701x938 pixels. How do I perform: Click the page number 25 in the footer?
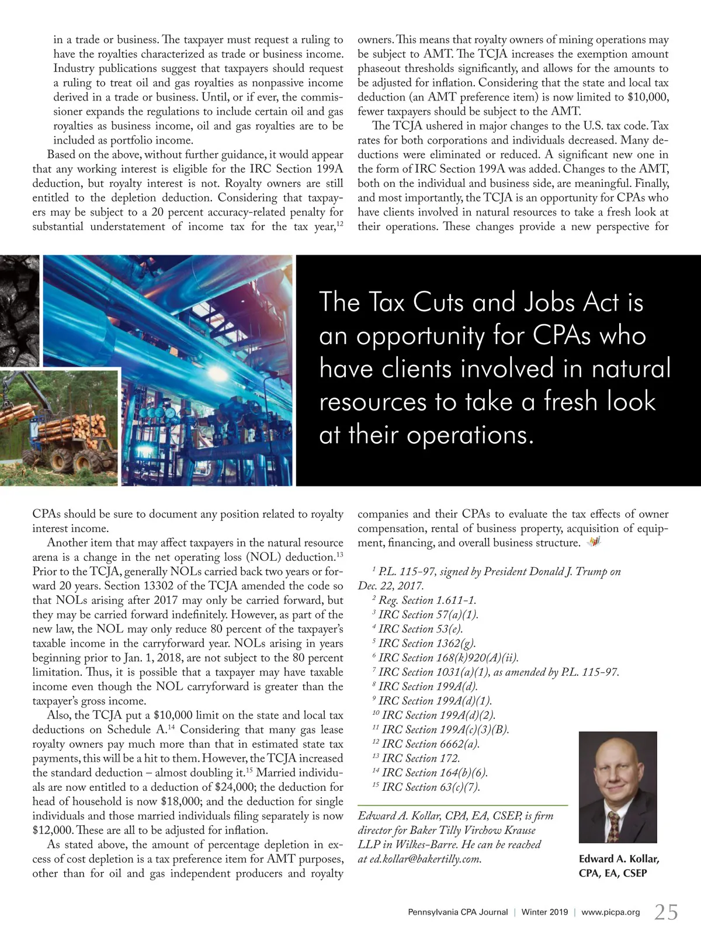tap(666, 912)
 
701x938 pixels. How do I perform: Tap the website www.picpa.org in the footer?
tap(610, 912)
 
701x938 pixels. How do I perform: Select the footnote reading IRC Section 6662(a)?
tap(430, 744)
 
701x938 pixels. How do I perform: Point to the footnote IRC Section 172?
tap(421, 758)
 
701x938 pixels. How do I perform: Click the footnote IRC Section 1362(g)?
tap(427, 643)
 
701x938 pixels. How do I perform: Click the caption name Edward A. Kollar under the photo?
tap(619, 859)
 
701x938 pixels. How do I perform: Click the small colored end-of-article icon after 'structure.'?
tap(594, 543)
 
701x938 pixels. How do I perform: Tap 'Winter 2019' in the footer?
tap(544, 912)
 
